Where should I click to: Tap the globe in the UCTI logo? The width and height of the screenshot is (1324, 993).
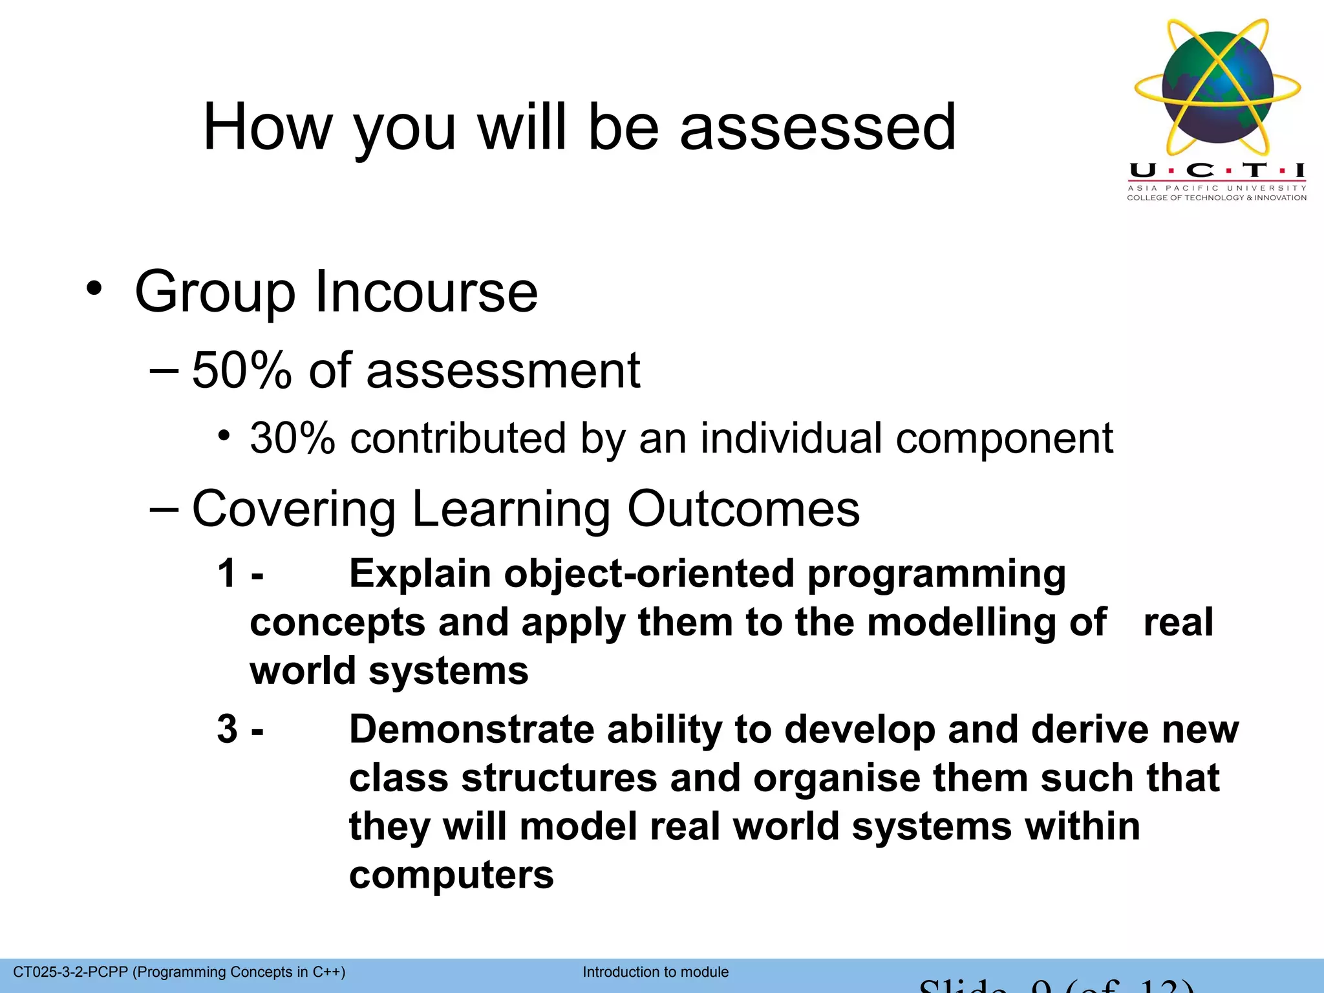1217,87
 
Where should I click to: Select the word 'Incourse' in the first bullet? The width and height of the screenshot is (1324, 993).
425,292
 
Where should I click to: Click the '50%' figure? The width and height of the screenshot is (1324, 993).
242,371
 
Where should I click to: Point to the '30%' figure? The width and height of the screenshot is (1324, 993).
292,438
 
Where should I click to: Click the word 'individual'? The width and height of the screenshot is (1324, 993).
791,438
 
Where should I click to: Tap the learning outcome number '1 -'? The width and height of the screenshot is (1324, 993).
240,573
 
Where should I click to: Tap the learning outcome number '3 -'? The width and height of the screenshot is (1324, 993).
240,729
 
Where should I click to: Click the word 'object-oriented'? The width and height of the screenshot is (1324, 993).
648,573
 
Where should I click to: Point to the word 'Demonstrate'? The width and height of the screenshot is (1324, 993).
471,729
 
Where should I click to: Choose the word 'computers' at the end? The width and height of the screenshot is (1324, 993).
451,875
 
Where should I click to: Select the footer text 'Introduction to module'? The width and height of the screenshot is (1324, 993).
656,972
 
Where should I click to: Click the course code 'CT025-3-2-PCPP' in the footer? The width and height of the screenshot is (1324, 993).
70,972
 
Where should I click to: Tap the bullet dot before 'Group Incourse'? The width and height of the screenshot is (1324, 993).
94,289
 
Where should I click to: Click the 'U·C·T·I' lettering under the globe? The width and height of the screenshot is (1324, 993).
1217,171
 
